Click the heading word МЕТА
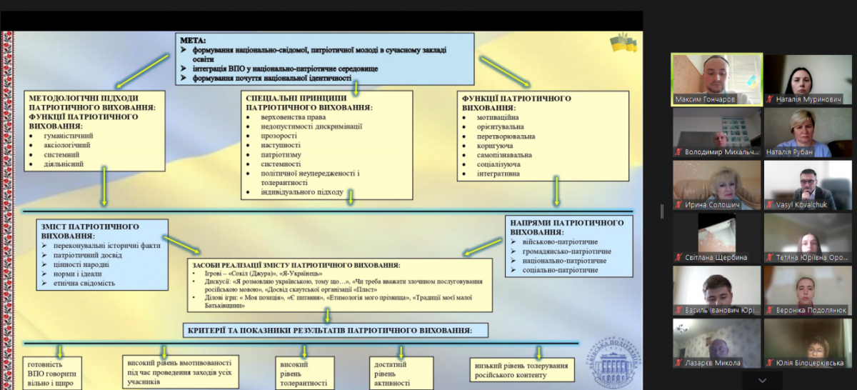click(x=193, y=41)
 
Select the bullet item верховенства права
click(x=294, y=117)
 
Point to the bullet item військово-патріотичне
click(x=556, y=242)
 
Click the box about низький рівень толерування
click(x=522, y=370)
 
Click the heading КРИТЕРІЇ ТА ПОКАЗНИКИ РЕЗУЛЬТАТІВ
click(x=329, y=331)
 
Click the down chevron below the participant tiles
click(x=762, y=381)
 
